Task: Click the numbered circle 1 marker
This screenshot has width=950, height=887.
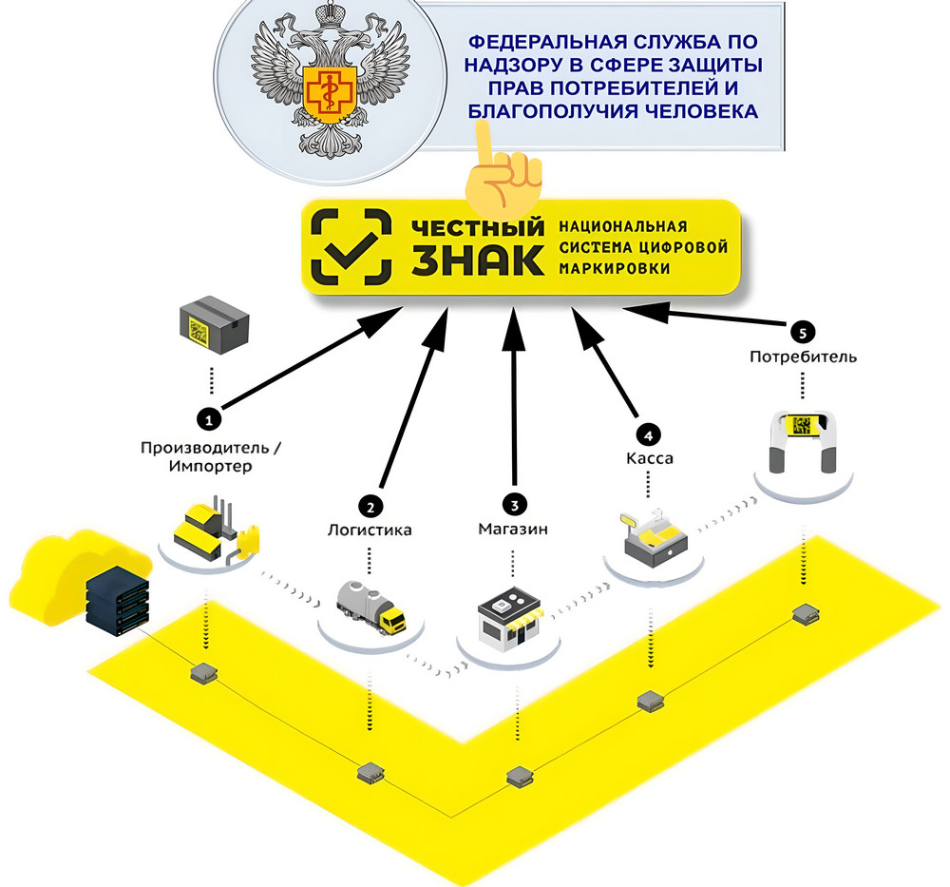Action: [x=210, y=419]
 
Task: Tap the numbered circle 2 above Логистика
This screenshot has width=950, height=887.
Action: [x=370, y=506]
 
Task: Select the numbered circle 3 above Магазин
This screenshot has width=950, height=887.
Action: [x=514, y=504]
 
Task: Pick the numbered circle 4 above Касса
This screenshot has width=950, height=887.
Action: [x=648, y=434]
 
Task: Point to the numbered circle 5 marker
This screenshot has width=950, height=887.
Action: [x=803, y=332]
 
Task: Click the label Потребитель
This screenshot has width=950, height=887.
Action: [x=804, y=357]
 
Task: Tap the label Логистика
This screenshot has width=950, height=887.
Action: [x=370, y=530]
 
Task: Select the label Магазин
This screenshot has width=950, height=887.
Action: [x=513, y=530]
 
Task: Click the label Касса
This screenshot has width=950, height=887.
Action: [x=650, y=458]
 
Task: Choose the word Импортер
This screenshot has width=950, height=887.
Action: [x=210, y=467]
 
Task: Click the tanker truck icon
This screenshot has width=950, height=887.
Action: [x=370, y=607]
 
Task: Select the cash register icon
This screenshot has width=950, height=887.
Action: [x=654, y=537]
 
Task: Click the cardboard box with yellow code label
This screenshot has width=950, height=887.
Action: [x=215, y=325]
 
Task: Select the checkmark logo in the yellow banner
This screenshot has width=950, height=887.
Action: [x=351, y=247]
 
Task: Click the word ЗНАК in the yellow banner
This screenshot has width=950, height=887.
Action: [x=478, y=260]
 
